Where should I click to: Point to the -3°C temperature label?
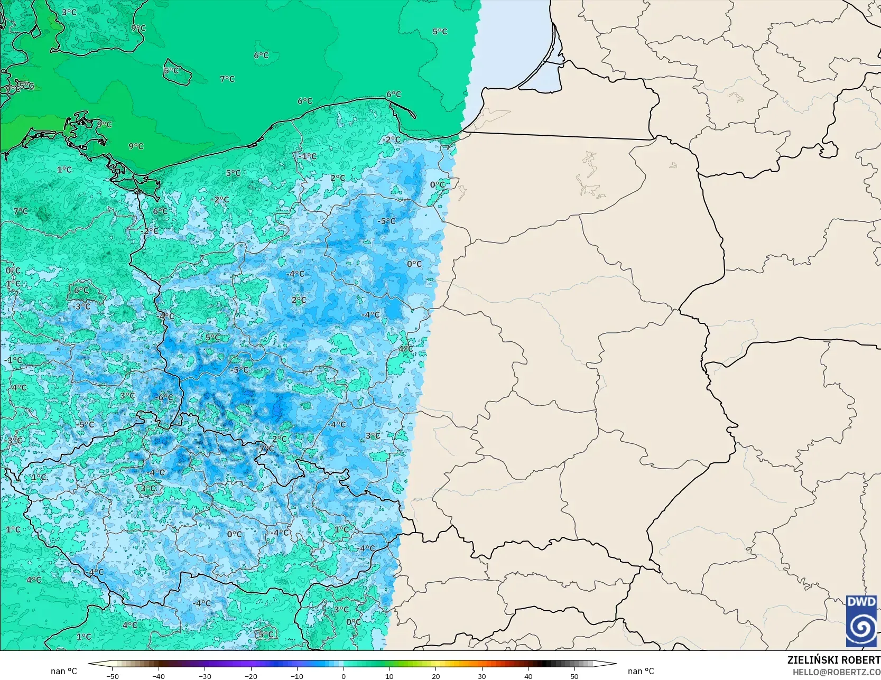coord(82,306)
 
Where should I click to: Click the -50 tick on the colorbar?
coord(112,676)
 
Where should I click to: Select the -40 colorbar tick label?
coord(159,676)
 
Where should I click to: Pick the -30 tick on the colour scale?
coord(205,676)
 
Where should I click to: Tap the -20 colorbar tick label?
coord(251,676)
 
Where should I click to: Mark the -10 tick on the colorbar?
coord(297,676)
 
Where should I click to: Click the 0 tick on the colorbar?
coord(344,676)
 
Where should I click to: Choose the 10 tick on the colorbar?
coord(390,676)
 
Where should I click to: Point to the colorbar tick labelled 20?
coord(435,676)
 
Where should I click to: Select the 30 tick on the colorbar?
coord(482,676)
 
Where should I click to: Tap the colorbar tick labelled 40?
coord(528,676)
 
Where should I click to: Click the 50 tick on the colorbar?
coord(574,676)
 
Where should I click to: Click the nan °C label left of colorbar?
coord(64,671)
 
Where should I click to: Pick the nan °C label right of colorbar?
coord(641,671)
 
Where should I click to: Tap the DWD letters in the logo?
coord(861,602)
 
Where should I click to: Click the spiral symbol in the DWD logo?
coord(861,627)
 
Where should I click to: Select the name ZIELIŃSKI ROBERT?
coord(833,660)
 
